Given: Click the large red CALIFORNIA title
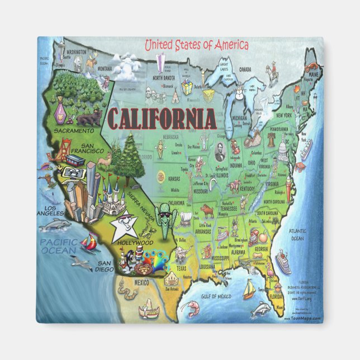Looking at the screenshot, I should click(161, 119).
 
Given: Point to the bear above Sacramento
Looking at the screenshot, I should click(89, 117).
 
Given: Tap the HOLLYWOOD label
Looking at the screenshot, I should click(135, 243).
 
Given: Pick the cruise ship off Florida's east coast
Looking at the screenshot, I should click(283, 262).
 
